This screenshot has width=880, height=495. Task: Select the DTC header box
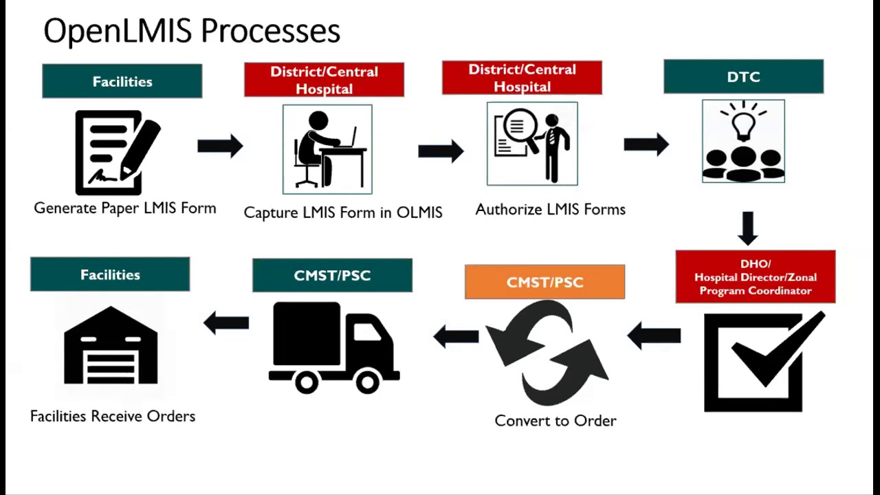tap(744, 76)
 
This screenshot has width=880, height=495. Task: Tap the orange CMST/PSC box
tap(545, 282)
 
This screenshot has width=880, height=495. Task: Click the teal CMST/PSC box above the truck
tap(332, 276)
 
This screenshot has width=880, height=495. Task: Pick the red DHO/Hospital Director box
tap(756, 276)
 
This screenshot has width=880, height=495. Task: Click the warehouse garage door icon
tap(111, 366)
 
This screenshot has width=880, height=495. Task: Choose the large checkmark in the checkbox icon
tap(778, 350)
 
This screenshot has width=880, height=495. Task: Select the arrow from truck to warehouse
tap(226, 323)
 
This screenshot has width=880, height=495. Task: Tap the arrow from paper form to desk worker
tap(220, 146)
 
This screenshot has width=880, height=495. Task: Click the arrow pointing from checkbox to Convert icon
tap(654, 336)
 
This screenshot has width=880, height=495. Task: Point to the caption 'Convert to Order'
tap(555, 421)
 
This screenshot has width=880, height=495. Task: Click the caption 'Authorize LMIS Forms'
tap(551, 210)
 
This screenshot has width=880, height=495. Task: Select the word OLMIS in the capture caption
tap(419, 212)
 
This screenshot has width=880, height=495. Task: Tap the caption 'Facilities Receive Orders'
tap(113, 416)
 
